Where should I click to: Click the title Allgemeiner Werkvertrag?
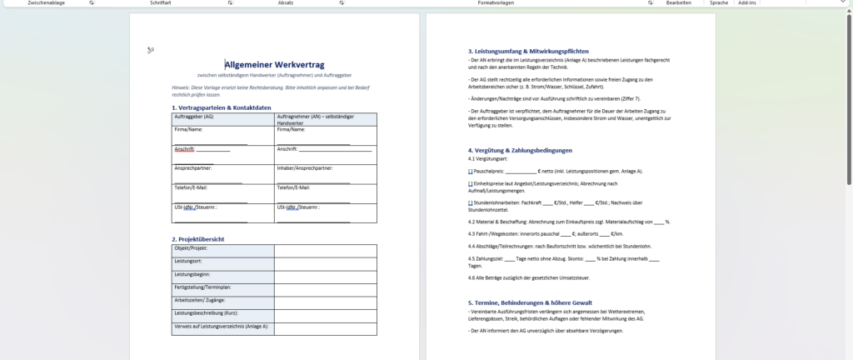tap(274, 64)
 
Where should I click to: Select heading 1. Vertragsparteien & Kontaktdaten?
tap(222, 107)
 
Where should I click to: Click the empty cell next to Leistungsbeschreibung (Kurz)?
tap(326, 312)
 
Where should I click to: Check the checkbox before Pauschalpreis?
tap(471, 171)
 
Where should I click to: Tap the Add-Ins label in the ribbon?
tap(746, 3)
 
